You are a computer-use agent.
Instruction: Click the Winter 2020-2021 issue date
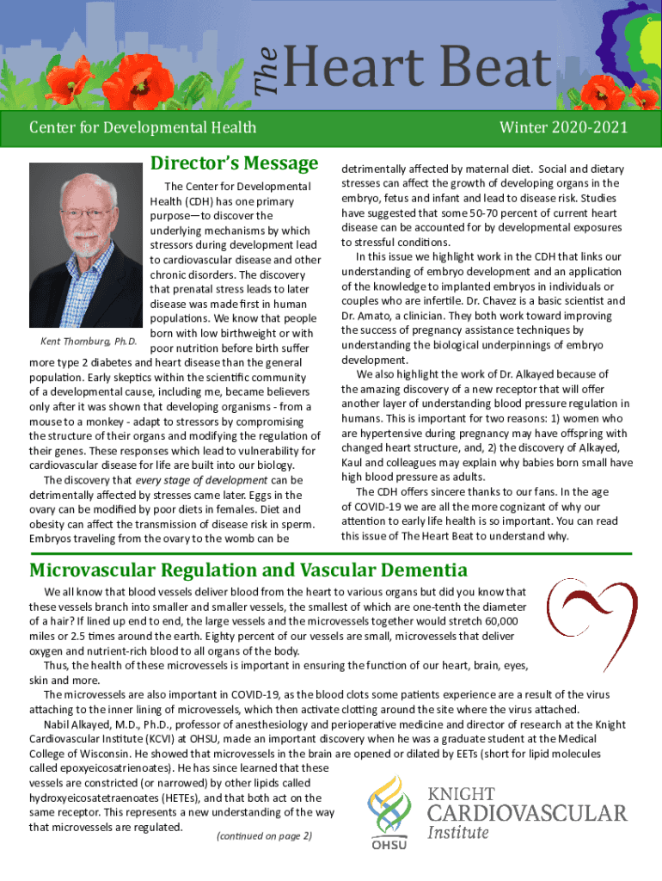pos(564,128)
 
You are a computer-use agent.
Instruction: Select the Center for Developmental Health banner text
pos(143,128)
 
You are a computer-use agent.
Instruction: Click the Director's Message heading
pos(235,163)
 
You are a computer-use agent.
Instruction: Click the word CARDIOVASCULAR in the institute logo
pos(527,813)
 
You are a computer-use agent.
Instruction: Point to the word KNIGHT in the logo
pos(461,793)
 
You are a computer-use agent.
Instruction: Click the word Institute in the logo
pos(458,832)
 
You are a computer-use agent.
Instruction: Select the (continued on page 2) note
pos(253,835)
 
